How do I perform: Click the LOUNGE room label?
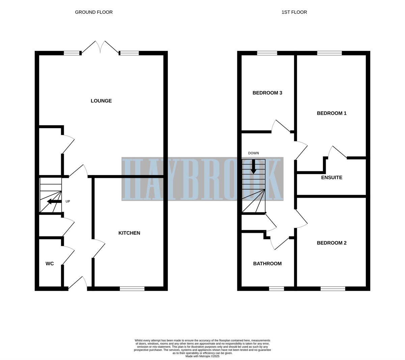(101, 101)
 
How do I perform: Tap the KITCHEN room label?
(129, 233)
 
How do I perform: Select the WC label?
(50, 264)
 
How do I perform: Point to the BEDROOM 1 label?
(331, 113)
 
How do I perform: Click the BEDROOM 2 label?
(331, 243)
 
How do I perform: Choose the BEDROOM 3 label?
(267, 93)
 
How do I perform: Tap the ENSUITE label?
(331, 177)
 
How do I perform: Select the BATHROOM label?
(267, 264)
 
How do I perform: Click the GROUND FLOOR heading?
(94, 12)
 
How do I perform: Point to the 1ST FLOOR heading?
(294, 12)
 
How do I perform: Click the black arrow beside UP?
(54, 201)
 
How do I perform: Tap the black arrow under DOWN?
(253, 166)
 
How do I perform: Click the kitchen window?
(132, 288)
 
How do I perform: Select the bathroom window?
(276, 288)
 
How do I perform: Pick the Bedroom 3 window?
(267, 53)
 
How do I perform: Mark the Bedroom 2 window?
(333, 288)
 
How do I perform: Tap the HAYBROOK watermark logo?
(202, 179)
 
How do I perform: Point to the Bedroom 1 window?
(329, 53)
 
